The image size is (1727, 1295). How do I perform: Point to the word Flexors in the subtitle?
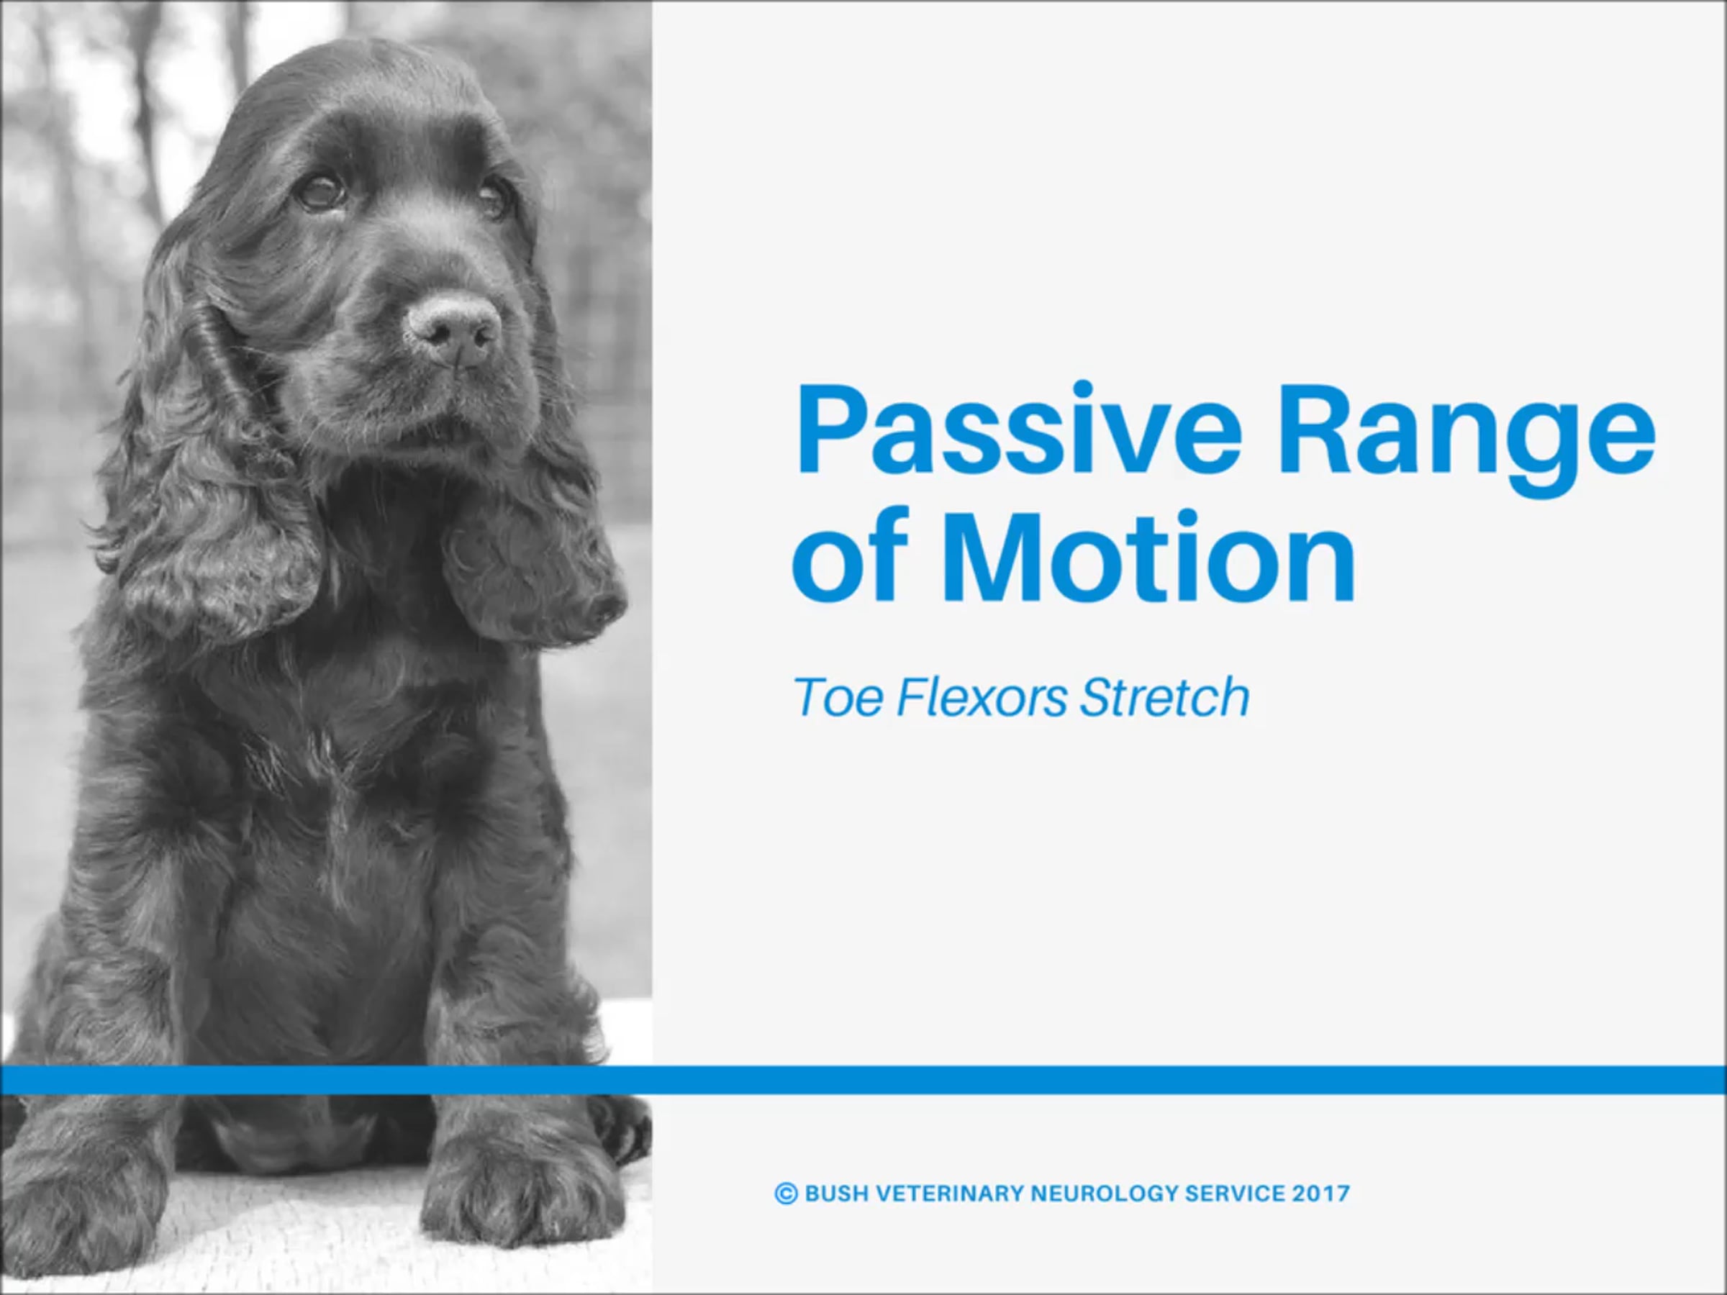pyautogui.click(x=982, y=697)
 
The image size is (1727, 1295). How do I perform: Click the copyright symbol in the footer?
pyautogui.click(x=786, y=1194)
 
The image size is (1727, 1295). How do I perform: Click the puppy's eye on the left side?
pyautogui.click(x=322, y=191)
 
